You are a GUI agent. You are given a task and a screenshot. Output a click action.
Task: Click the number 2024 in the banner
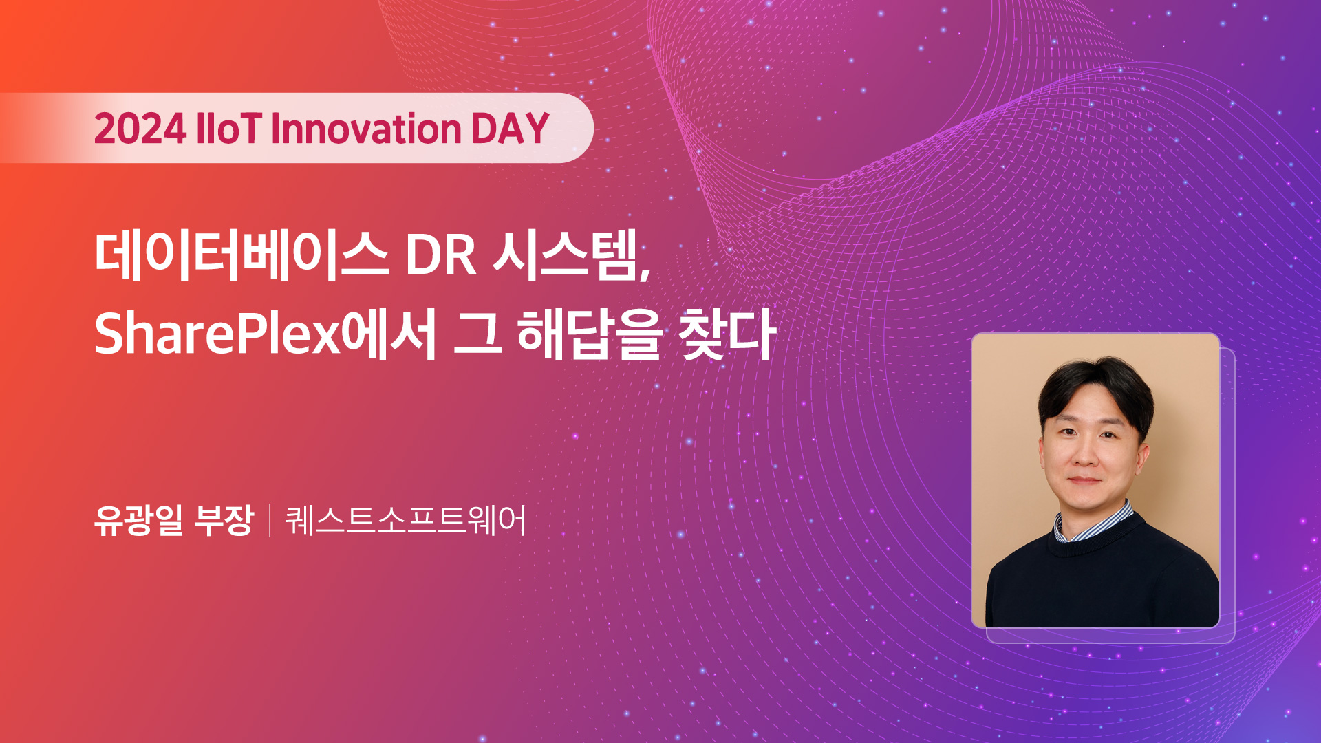[x=140, y=129]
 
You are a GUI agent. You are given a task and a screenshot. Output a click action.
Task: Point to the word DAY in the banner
[x=510, y=129]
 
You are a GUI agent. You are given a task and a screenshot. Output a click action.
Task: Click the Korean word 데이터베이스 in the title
[x=241, y=255]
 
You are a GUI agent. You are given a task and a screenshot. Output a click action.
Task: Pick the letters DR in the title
[x=440, y=256]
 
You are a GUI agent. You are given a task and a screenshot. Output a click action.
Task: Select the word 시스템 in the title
[x=567, y=255]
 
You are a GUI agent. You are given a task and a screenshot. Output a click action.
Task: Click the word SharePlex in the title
[x=217, y=333]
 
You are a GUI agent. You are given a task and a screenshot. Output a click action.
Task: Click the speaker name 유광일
[x=139, y=520]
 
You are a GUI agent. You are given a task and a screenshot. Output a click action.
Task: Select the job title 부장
[x=224, y=520]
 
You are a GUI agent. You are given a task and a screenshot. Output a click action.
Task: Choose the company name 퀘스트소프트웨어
[x=405, y=520]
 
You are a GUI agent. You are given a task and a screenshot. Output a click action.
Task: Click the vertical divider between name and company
[x=270, y=521]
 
